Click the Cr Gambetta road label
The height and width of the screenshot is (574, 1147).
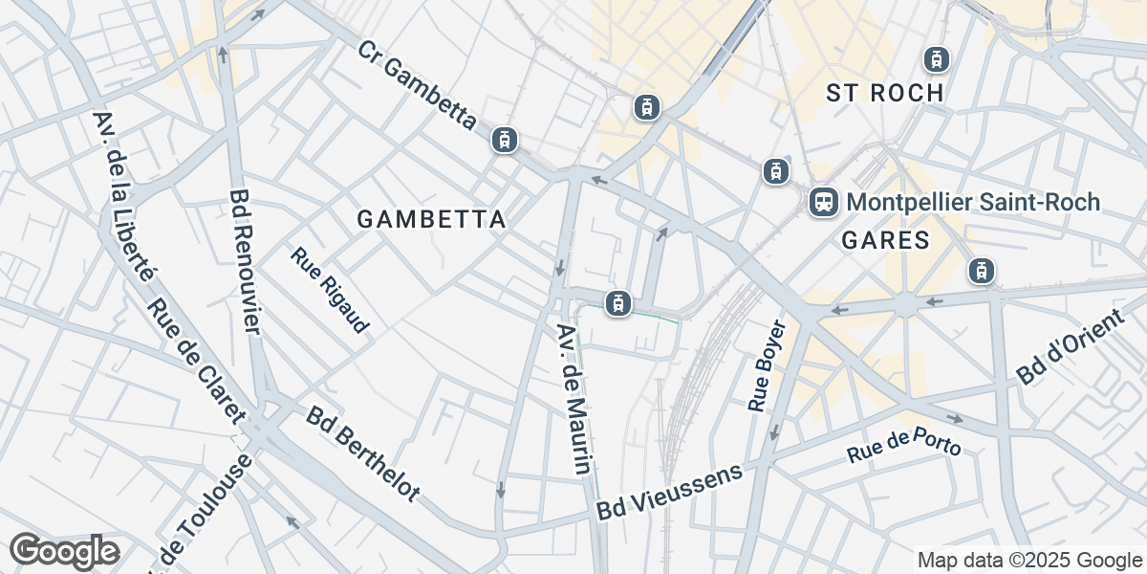click(x=418, y=86)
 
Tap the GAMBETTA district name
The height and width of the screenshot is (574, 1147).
click(x=431, y=220)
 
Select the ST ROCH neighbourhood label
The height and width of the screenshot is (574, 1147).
click(x=885, y=93)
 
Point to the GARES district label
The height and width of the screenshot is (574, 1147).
click(x=886, y=240)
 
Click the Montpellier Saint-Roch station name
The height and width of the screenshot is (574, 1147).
click(x=973, y=203)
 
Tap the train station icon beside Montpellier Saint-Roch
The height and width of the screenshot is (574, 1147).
click(x=823, y=202)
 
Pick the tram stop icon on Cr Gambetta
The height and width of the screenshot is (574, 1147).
click(x=504, y=140)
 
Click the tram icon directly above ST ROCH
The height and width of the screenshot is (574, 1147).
click(x=935, y=59)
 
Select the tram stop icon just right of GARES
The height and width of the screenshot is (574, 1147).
click(x=980, y=271)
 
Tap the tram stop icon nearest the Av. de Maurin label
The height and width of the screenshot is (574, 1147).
click(x=618, y=303)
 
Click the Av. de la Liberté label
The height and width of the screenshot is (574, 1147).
click(x=123, y=196)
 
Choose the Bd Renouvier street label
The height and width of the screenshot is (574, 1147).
click(x=246, y=262)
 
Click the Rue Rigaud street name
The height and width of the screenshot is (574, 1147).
click(x=330, y=291)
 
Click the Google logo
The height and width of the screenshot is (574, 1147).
click(x=64, y=551)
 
